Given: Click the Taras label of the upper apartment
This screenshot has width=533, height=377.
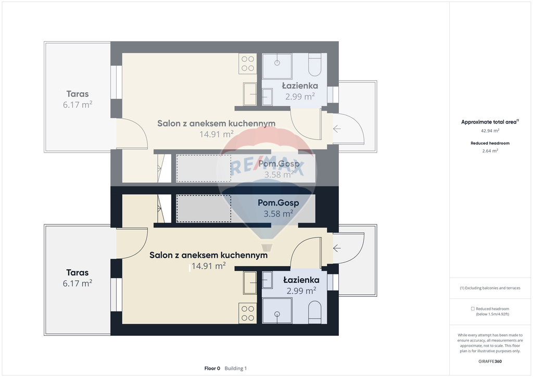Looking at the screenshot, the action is (x=78, y=94).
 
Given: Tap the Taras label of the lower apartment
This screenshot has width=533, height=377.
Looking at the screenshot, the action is (x=78, y=273).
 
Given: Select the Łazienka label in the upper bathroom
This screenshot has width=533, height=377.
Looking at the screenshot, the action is (x=300, y=86).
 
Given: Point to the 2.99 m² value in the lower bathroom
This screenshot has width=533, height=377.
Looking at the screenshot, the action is (x=301, y=291).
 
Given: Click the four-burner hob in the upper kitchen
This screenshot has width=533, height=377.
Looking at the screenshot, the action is (x=247, y=64).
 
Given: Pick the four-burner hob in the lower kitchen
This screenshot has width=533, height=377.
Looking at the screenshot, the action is (x=247, y=313).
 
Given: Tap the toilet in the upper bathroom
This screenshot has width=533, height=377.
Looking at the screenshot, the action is (x=314, y=65).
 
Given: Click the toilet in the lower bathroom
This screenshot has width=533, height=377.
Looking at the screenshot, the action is (x=314, y=312).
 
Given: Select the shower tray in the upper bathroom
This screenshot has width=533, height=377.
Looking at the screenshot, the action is (x=277, y=66).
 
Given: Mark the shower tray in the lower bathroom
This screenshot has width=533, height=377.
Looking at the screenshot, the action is (x=277, y=311).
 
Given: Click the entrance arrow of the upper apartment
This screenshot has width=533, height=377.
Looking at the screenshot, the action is (x=337, y=129).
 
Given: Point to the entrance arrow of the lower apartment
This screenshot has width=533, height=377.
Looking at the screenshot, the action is (x=337, y=248).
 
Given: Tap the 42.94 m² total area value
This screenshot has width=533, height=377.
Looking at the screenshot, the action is (x=490, y=131).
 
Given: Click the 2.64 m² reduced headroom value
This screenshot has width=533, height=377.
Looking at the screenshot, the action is (x=490, y=150).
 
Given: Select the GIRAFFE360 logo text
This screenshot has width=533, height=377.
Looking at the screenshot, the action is (x=490, y=361).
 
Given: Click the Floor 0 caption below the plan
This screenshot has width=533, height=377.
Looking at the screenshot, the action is (x=212, y=368).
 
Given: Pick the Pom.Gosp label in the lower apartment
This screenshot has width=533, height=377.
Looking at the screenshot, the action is (x=278, y=203).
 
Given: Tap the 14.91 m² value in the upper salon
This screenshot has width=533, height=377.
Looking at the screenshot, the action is (x=216, y=134).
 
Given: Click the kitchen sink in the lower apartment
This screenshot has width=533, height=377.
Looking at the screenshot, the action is (x=250, y=283).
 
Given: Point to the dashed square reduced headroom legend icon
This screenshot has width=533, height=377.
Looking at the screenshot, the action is (x=473, y=309).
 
